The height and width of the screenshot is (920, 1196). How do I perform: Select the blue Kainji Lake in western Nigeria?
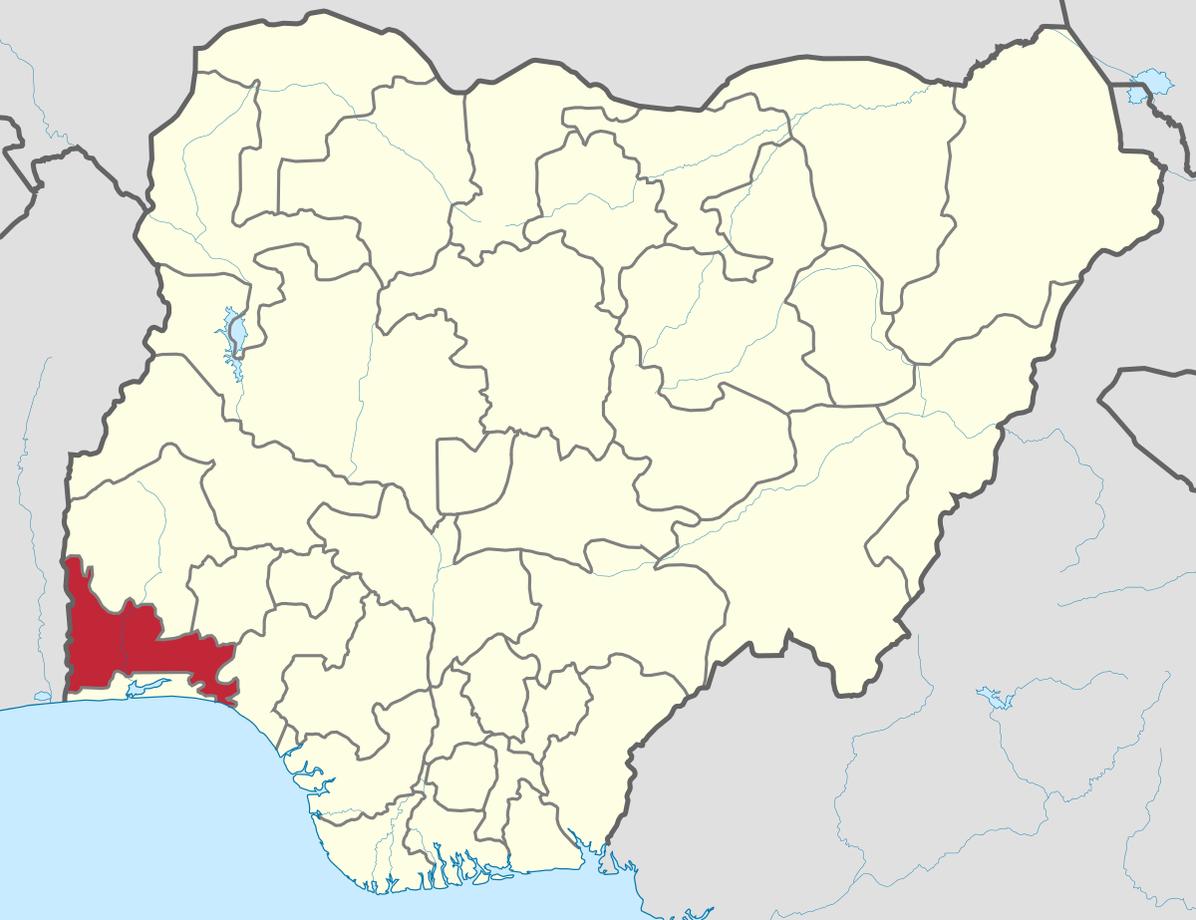click(236, 334)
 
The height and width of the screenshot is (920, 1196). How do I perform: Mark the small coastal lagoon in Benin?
click(41, 697)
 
